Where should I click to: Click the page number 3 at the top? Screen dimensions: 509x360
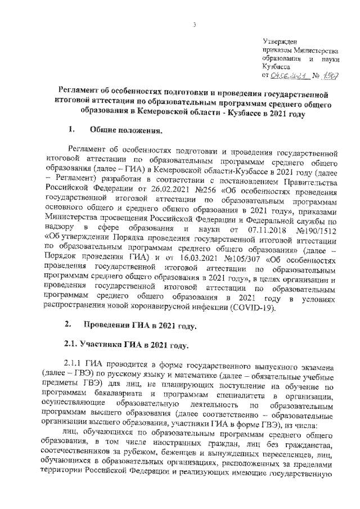[x=193, y=25]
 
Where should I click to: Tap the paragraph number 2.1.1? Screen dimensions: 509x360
[x=75, y=364]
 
